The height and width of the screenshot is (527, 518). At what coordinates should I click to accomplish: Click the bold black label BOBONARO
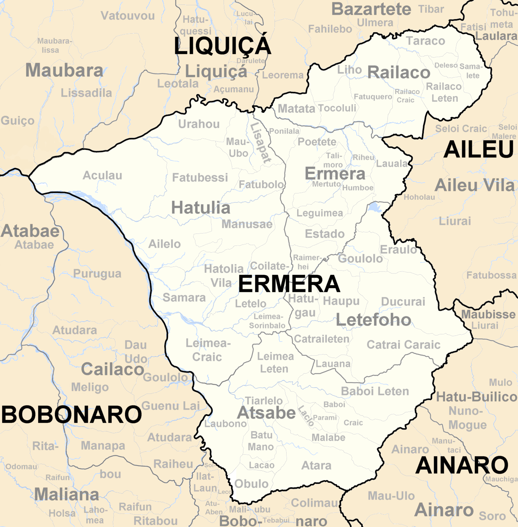pyautogui.click(x=71, y=415)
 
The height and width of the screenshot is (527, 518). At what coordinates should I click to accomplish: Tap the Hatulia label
pyautogui.click(x=201, y=208)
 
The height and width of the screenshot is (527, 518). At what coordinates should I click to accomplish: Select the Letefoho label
pyautogui.click(x=374, y=320)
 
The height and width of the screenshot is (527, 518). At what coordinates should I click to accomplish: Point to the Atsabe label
pyautogui.click(x=267, y=413)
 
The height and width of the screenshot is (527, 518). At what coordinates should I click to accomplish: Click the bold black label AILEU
pyautogui.click(x=479, y=150)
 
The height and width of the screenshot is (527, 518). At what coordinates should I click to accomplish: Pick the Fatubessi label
pyautogui.click(x=200, y=177)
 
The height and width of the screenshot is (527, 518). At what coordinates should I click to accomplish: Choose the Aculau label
pyautogui.click(x=102, y=175)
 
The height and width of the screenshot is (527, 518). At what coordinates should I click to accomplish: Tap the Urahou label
pyautogui.click(x=199, y=124)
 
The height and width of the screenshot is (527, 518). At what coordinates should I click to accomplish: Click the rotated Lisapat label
pyautogui.click(x=261, y=143)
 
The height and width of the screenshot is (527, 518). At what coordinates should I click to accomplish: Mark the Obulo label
pyautogui.click(x=251, y=484)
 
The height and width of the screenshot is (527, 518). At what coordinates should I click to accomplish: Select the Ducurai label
pyautogui.click(x=403, y=302)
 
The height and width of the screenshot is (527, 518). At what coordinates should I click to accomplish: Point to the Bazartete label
pyautogui.click(x=371, y=9)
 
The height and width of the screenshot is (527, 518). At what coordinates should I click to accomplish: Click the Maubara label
pyautogui.click(x=64, y=70)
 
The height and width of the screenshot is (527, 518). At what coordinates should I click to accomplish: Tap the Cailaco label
pyautogui.click(x=113, y=370)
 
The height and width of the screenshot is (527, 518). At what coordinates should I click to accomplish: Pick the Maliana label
pyautogui.click(x=67, y=494)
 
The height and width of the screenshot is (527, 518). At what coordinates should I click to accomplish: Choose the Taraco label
pyautogui.click(x=425, y=41)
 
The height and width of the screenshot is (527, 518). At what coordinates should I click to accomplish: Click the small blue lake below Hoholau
pyautogui.click(x=375, y=207)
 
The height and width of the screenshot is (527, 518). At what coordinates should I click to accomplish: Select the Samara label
pyautogui.click(x=184, y=298)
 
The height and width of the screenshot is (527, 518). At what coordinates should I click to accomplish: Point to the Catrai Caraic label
pyautogui.click(x=403, y=345)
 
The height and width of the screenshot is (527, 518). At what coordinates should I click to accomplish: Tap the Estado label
pyautogui.click(x=324, y=234)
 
